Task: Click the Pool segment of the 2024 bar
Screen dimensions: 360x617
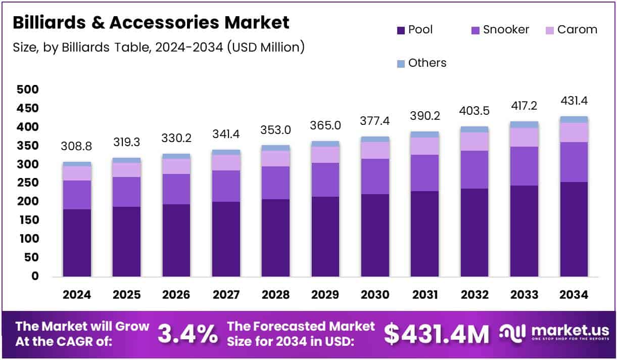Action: click(77, 243)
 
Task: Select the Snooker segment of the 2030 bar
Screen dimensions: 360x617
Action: click(375, 176)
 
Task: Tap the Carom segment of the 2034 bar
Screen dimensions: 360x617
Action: click(574, 132)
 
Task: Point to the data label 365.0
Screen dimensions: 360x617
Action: click(325, 125)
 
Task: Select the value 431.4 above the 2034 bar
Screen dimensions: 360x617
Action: click(574, 101)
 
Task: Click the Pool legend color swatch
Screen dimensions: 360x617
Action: click(401, 30)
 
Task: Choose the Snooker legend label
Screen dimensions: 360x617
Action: click(506, 30)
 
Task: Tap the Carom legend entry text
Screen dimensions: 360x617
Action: click(577, 30)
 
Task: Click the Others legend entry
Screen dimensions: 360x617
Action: click(427, 63)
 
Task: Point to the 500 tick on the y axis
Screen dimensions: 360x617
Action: click(28, 90)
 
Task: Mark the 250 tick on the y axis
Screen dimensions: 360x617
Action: click(28, 183)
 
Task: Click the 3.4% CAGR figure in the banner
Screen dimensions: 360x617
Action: click(188, 334)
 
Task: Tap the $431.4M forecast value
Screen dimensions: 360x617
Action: click(436, 334)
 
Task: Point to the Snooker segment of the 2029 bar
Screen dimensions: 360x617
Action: click(325, 179)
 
